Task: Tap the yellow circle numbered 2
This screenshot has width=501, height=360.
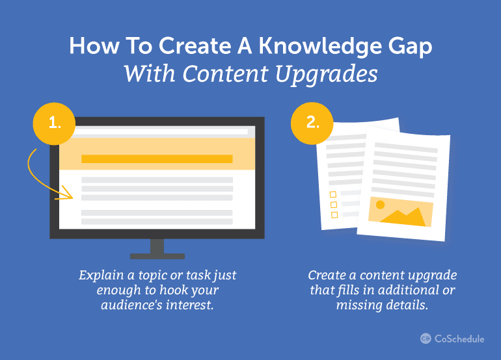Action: point(313,121)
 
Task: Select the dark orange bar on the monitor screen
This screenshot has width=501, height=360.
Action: point(157,159)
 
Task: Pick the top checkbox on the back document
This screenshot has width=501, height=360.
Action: point(333,194)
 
